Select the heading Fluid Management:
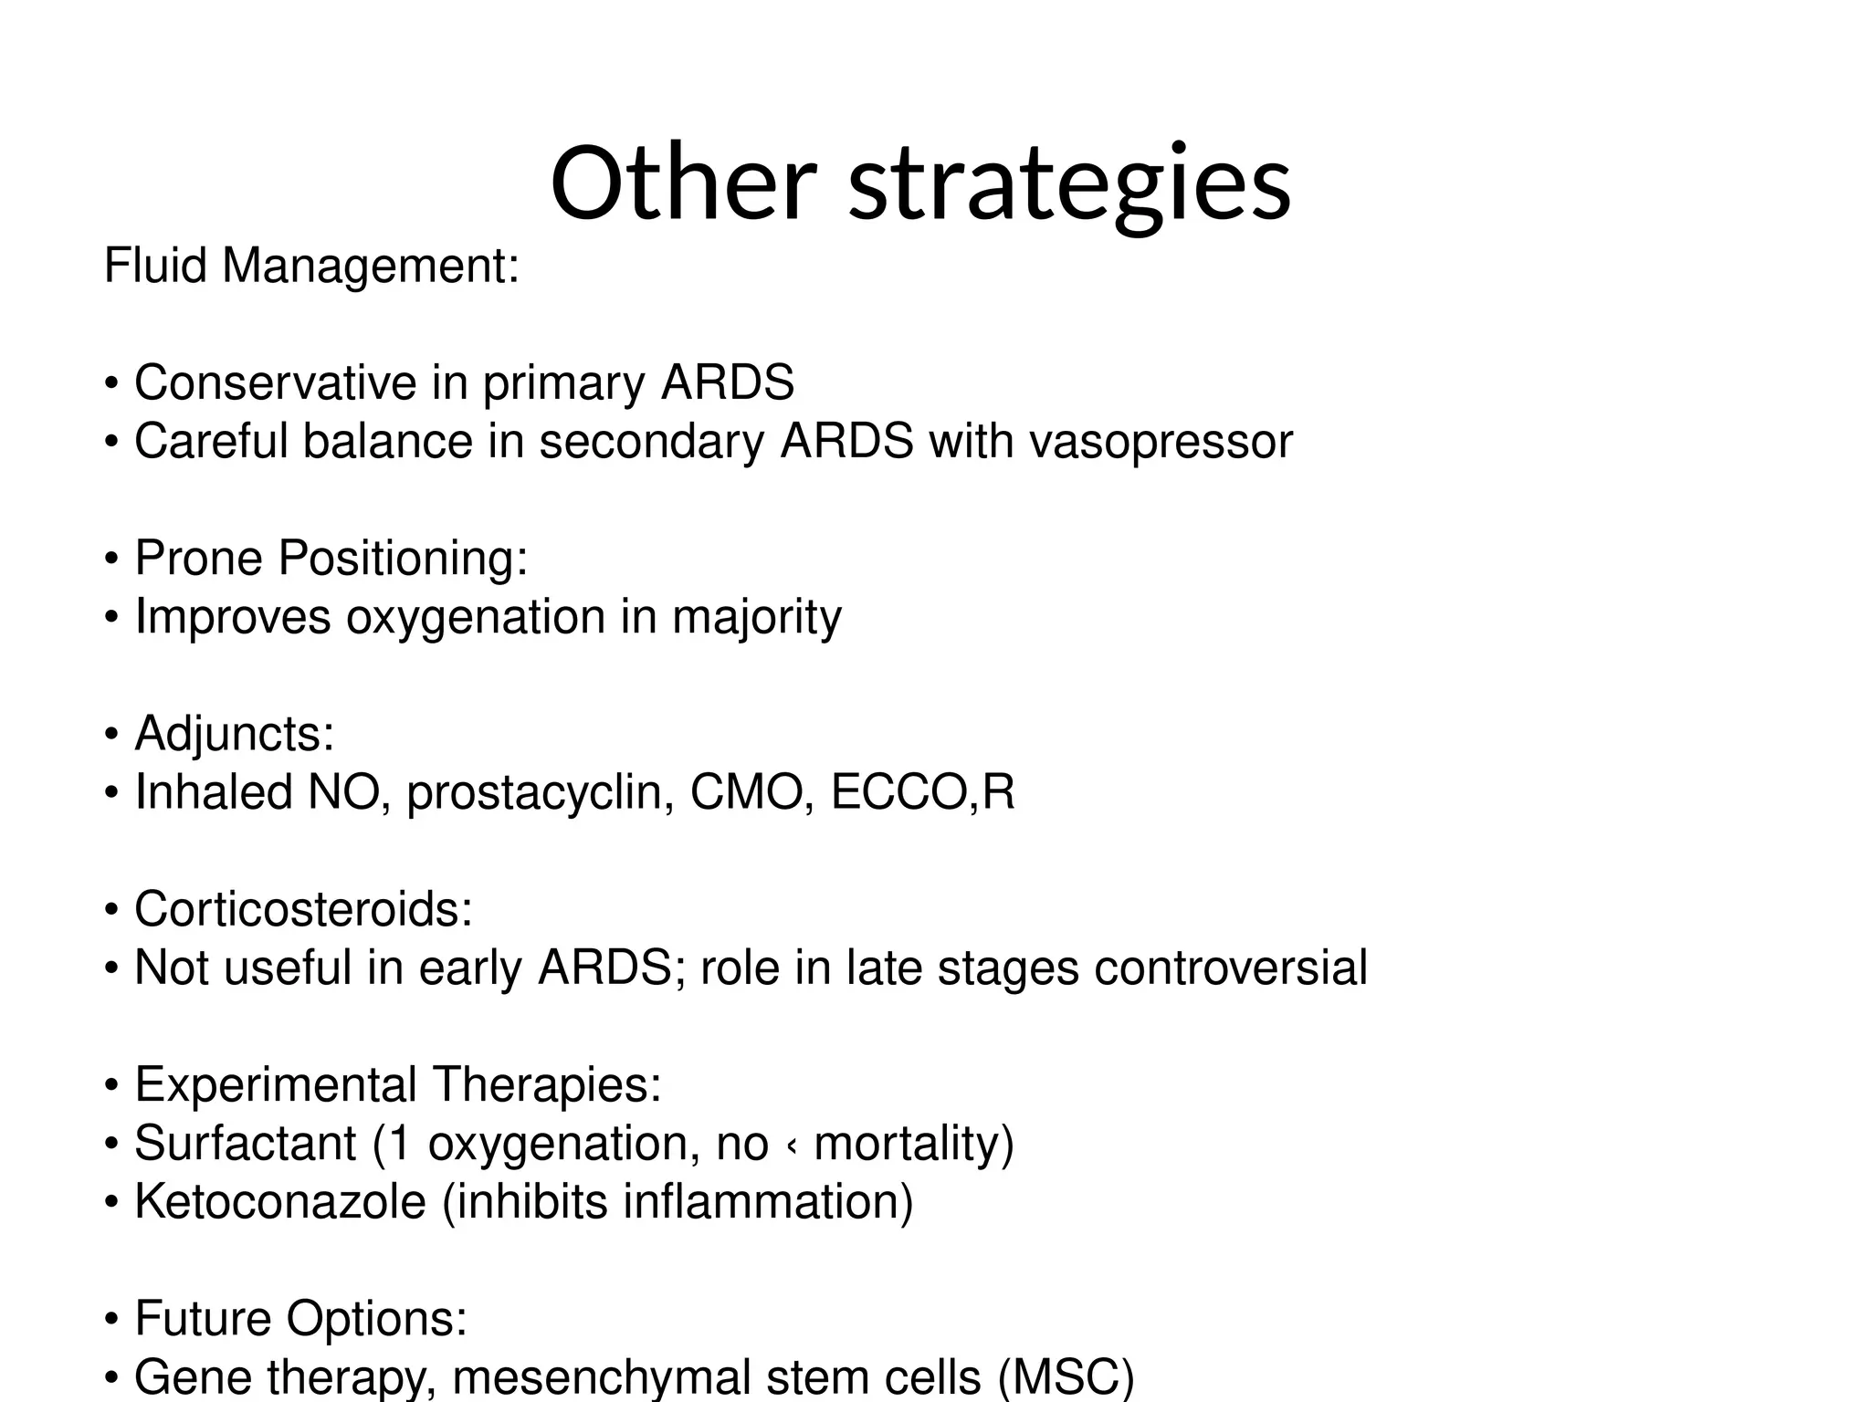[x=311, y=267]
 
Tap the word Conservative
[x=275, y=382]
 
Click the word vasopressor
[x=1161, y=442]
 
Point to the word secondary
[x=651, y=442]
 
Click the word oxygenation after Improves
[x=475, y=618]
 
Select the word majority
[x=756, y=618]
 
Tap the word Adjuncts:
[x=235, y=733]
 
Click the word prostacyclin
[x=541, y=792]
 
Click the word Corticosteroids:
[x=303, y=909]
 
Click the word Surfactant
[x=245, y=1143]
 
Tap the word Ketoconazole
[x=280, y=1201]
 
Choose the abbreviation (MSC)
[x=1066, y=1376]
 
